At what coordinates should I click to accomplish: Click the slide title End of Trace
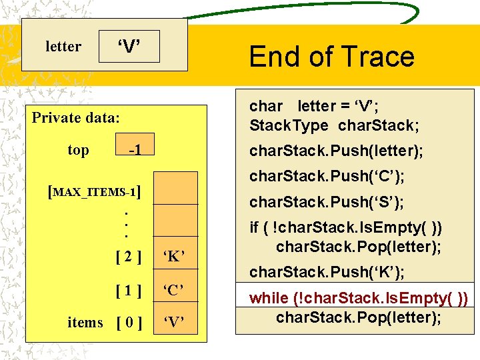(x=331, y=57)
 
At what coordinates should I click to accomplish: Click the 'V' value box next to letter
(x=129, y=47)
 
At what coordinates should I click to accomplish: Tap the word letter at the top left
(x=63, y=47)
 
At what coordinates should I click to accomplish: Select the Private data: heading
(x=76, y=118)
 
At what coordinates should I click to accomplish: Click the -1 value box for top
(x=134, y=151)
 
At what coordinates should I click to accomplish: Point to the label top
(x=78, y=150)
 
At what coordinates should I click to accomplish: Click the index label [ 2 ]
(x=128, y=256)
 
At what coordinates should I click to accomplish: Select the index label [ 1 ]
(x=128, y=290)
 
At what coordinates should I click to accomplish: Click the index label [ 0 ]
(x=128, y=323)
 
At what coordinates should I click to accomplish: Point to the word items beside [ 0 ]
(x=85, y=323)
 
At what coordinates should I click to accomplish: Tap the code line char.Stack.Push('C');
(x=327, y=177)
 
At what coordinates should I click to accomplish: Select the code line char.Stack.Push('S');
(x=327, y=201)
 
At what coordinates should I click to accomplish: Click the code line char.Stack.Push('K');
(x=327, y=272)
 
